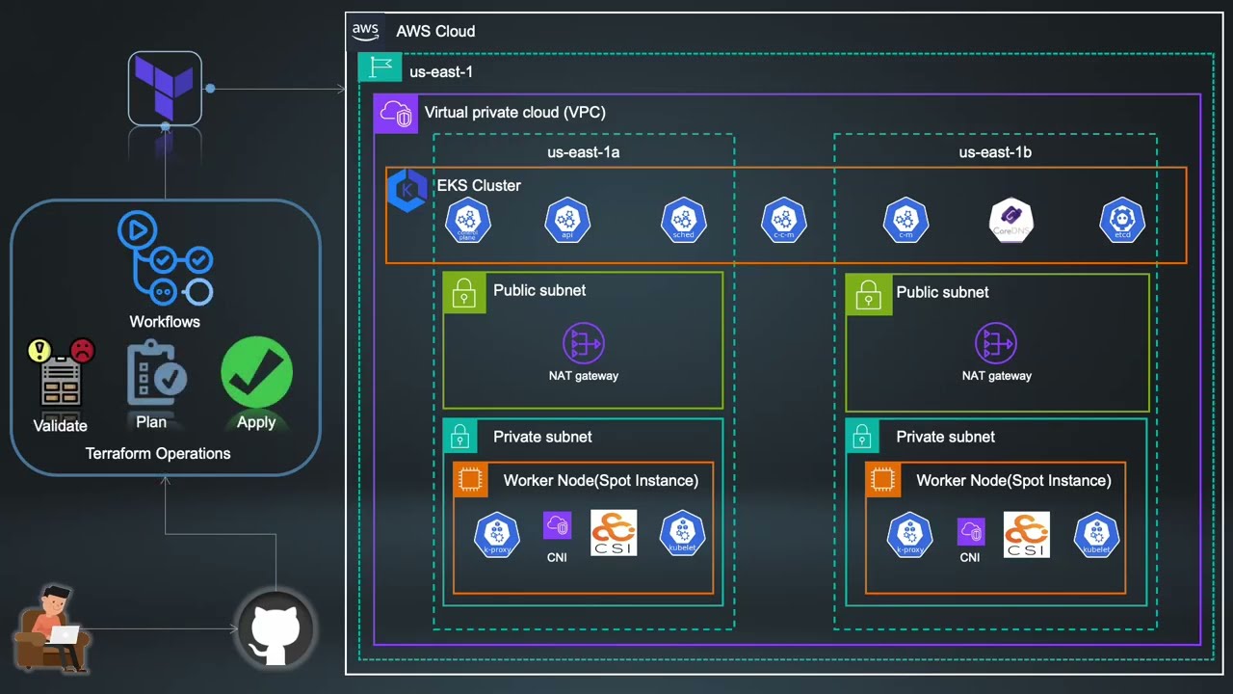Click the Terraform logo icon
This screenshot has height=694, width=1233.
[x=165, y=88]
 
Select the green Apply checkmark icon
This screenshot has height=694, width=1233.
[x=256, y=372]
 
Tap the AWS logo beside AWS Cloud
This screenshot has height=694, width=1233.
[x=365, y=31]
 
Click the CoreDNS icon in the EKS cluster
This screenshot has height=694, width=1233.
[x=1011, y=221]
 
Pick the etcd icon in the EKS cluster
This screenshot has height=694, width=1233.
[x=1122, y=221]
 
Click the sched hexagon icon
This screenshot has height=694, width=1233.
[x=683, y=221]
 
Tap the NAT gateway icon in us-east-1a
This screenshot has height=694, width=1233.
[x=583, y=343]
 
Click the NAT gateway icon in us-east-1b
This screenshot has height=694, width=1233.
[x=996, y=343]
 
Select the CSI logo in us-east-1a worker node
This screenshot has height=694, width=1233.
[x=614, y=533]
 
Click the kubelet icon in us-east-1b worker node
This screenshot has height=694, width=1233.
[x=1096, y=535]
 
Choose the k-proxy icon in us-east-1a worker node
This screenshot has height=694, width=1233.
[x=497, y=535]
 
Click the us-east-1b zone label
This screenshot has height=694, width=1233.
[x=995, y=152]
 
